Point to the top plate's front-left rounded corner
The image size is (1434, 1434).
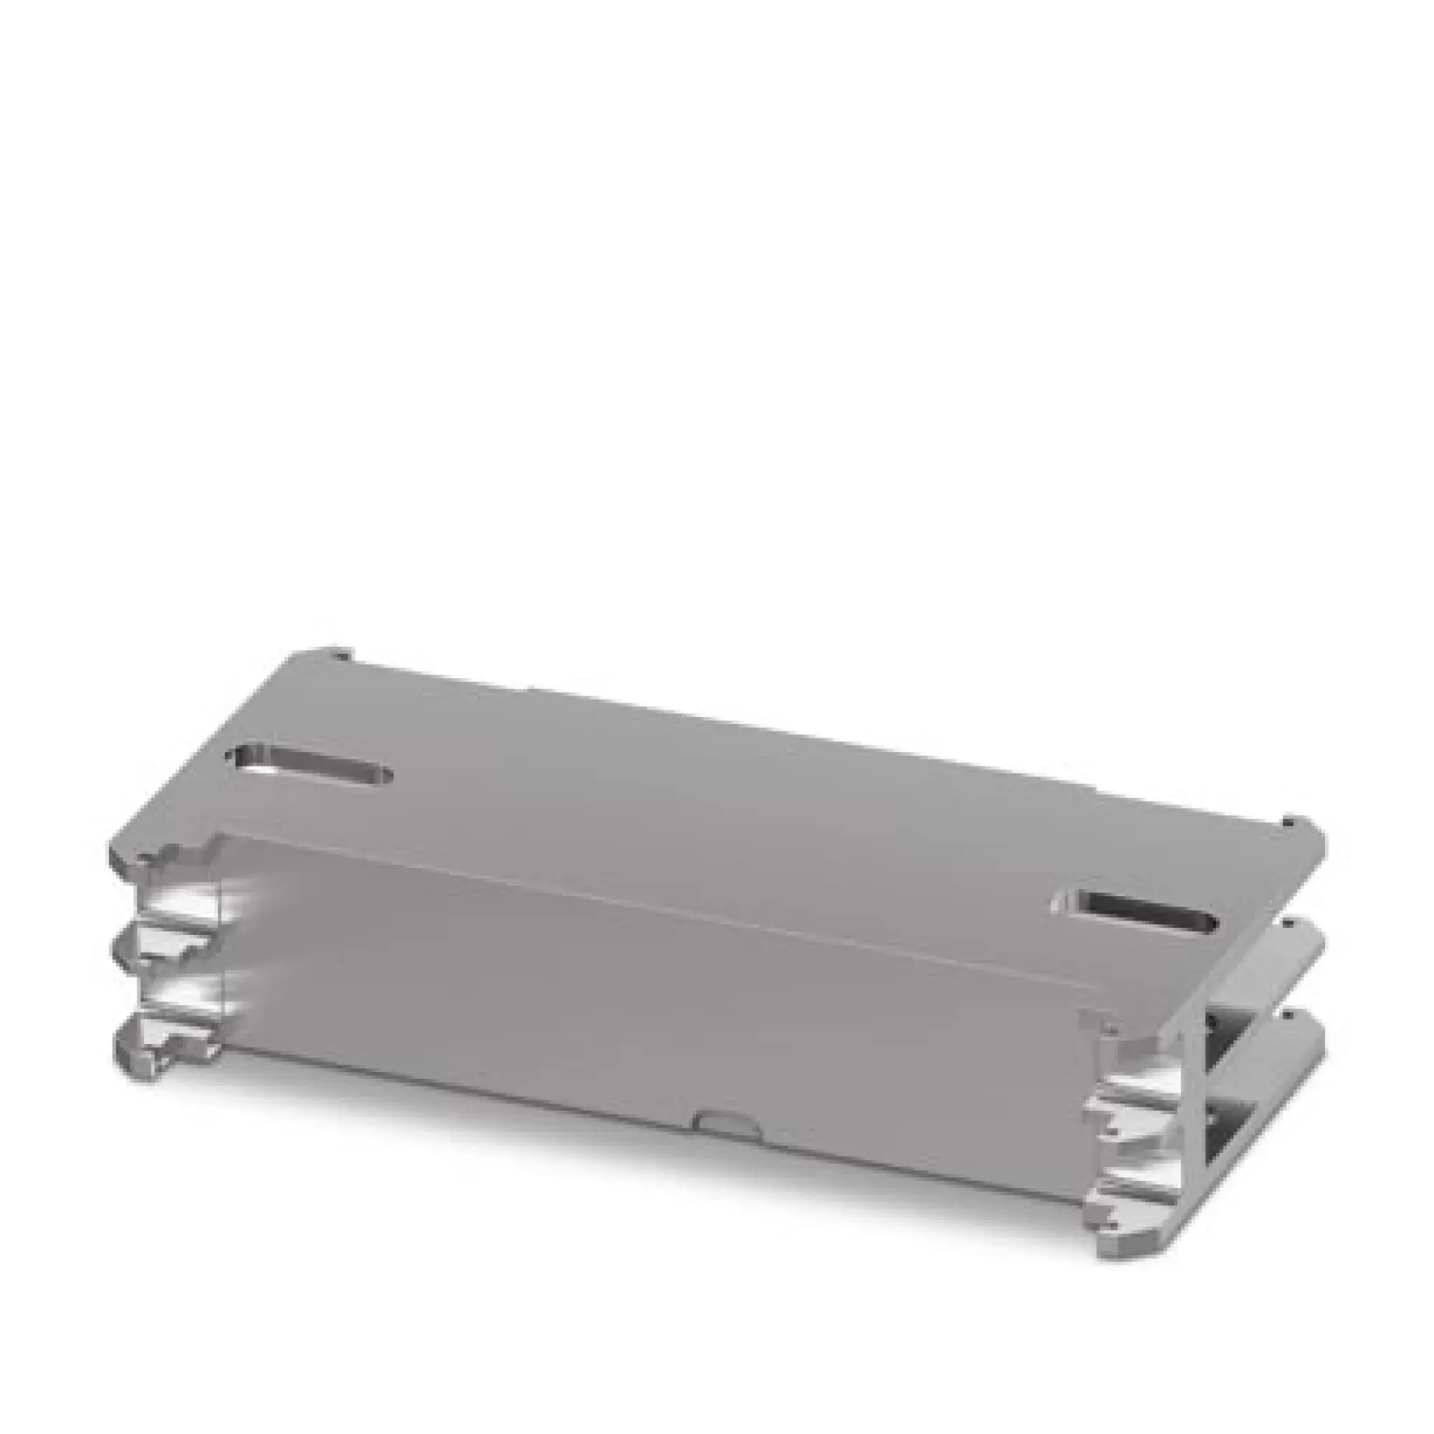123,861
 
